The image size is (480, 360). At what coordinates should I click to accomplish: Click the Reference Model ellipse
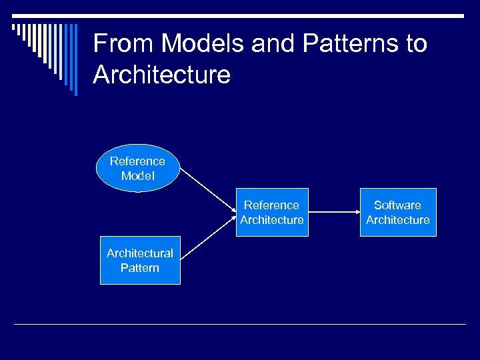[138, 169]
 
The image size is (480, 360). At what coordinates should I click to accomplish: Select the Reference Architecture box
[271, 213]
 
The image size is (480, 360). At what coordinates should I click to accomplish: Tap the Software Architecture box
[397, 213]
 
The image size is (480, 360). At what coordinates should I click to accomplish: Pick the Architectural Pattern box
[140, 260]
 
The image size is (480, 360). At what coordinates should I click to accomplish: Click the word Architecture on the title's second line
[162, 75]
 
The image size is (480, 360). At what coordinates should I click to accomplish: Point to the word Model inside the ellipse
[138, 176]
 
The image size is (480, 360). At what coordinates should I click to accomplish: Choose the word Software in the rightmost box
[397, 205]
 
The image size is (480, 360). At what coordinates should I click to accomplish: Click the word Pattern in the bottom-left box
[140, 268]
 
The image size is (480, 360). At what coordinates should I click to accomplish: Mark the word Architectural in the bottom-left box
[140, 253]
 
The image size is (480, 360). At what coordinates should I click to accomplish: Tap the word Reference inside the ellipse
[137, 161]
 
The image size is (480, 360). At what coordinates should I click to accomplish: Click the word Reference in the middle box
[271, 205]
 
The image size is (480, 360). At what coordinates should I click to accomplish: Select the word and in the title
[273, 44]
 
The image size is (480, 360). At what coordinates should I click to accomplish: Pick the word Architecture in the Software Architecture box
[398, 220]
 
